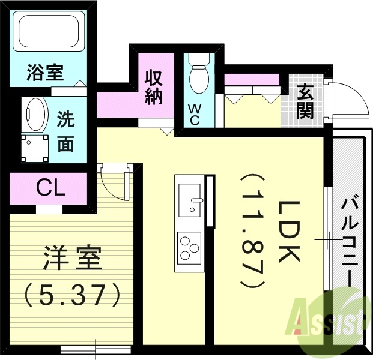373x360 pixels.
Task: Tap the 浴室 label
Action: click(45, 73)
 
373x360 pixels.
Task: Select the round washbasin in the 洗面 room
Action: click(35, 113)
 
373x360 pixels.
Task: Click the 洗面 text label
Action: click(65, 132)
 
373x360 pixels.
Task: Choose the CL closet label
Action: click(50, 188)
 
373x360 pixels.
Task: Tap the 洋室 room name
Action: click(73, 260)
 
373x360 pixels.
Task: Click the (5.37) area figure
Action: click(73, 293)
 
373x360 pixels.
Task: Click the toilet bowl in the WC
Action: click(198, 78)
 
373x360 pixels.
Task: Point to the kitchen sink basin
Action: click(190, 199)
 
